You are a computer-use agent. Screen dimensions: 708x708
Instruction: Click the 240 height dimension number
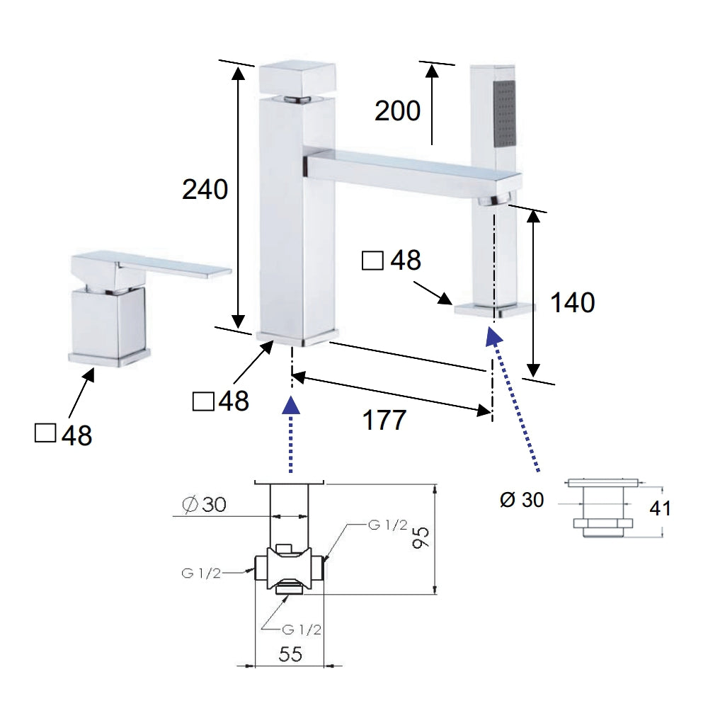(205, 190)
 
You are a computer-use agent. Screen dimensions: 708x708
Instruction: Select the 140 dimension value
(572, 302)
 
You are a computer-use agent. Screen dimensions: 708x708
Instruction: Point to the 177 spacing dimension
(384, 420)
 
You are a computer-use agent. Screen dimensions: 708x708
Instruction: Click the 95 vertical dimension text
(421, 537)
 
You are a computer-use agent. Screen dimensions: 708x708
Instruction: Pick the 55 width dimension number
(290, 654)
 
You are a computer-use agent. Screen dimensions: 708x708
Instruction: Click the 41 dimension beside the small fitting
(660, 508)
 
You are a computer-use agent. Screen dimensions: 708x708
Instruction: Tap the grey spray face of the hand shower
(505, 114)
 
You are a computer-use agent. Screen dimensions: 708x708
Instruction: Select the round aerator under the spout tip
(495, 199)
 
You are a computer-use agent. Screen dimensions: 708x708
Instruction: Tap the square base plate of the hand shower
(494, 310)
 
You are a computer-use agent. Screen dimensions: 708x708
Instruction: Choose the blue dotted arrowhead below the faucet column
(291, 405)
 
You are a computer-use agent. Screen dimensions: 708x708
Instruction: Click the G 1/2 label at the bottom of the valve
(301, 629)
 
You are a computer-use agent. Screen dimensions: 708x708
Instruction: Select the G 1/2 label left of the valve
(201, 573)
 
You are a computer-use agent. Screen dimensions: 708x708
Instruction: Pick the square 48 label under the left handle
(63, 435)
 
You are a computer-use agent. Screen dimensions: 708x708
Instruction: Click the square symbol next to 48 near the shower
(372, 261)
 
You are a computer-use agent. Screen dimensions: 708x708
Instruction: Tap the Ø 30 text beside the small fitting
(522, 500)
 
